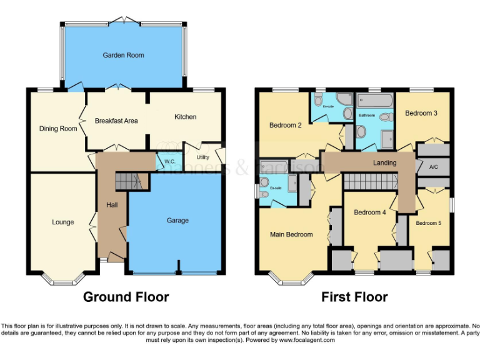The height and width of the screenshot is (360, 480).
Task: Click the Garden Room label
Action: coord(123,56)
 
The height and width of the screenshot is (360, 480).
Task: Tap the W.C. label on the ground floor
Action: coord(169,162)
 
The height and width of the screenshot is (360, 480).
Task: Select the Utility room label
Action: coord(202,157)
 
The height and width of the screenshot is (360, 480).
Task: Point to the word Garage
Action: coord(177,221)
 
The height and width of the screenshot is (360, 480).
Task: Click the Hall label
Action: coord(111,204)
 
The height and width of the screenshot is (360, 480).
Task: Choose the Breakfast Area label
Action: coord(116,121)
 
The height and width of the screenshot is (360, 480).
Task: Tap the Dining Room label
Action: coord(58,129)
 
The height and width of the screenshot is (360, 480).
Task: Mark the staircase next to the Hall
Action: coord(129,182)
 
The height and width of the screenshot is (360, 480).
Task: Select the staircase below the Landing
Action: coord(372,182)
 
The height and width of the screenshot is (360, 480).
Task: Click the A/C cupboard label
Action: coord(434,167)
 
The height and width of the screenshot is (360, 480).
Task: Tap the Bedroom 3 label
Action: coord(421,113)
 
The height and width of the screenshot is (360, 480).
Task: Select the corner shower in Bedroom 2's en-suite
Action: coord(344,100)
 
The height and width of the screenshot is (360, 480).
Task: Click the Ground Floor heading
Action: coord(126,297)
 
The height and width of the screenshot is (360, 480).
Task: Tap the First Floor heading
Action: coord(354,297)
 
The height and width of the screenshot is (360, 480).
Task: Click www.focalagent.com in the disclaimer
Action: coord(307,341)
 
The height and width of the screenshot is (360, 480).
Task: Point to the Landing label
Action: coord(384,163)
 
